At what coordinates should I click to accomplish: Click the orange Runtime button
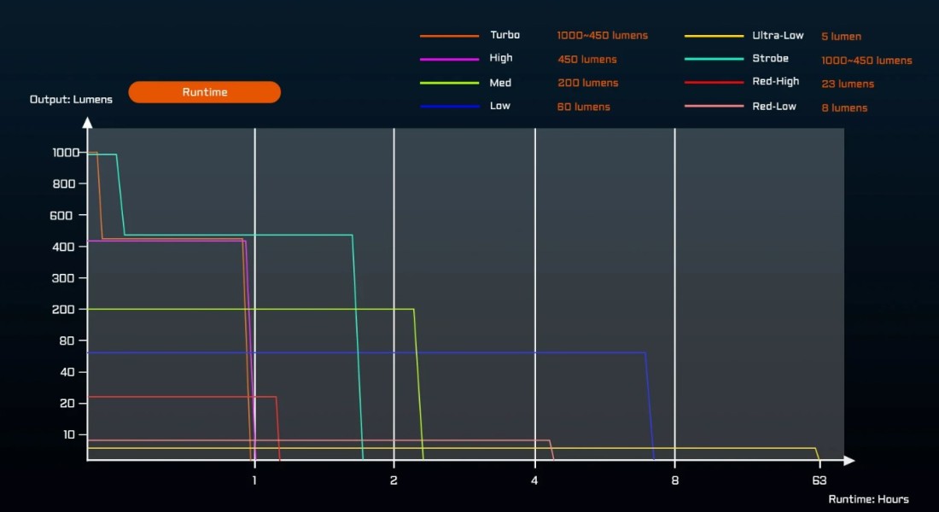(x=205, y=92)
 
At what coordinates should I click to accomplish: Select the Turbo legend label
(x=504, y=35)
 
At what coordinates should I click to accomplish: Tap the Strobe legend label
(x=770, y=59)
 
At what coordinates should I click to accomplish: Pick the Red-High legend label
(x=775, y=82)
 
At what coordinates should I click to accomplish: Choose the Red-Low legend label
(x=774, y=106)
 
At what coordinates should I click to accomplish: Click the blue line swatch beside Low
(x=449, y=107)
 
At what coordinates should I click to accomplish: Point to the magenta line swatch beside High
(x=449, y=59)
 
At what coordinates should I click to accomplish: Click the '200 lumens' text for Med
(x=587, y=83)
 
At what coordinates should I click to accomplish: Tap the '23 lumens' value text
(x=848, y=84)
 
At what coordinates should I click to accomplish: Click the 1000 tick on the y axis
(x=65, y=153)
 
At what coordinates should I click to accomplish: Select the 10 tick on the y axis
(x=70, y=434)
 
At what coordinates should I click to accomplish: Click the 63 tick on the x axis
(x=819, y=481)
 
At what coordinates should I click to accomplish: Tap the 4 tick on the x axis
(x=535, y=481)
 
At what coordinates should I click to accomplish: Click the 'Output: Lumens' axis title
(x=71, y=99)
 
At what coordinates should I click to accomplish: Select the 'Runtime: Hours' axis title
(x=868, y=499)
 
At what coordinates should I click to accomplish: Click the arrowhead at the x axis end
(x=849, y=461)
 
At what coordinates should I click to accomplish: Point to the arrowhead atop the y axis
(x=87, y=123)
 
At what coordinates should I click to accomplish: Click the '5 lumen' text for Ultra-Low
(x=841, y=37)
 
